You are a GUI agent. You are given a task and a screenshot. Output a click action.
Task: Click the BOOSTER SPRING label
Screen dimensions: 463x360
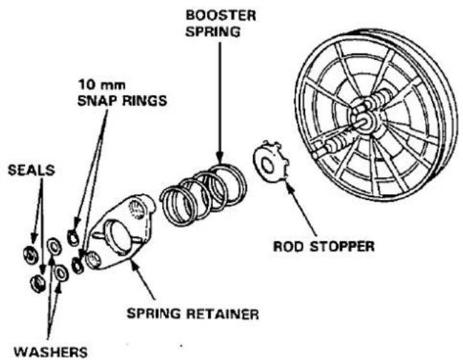[x=221, y=24]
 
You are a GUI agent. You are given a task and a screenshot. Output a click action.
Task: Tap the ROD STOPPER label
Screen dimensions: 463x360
[x=324, y=246]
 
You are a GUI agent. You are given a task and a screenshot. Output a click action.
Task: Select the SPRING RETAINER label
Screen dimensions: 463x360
[x=193, y=314]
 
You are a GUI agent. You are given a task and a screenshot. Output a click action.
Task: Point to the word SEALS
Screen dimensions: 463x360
[x=31, y=170]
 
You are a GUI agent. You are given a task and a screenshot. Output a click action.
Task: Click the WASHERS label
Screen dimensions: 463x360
[x=51, y=352]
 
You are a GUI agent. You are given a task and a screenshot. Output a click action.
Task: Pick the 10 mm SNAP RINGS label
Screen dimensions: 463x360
[x=122, y=93]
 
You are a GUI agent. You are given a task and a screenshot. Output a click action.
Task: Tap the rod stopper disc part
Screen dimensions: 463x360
[x=270, y=162]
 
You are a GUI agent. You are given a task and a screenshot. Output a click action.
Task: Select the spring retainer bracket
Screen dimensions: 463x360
[x=123, y=231]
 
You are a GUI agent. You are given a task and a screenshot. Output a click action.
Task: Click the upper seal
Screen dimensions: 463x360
[x=31, y=255]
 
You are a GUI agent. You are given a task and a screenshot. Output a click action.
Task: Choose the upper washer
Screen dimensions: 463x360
[x=54, y=246]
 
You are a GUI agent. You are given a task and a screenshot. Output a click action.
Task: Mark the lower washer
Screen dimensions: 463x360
[x=61, y=273]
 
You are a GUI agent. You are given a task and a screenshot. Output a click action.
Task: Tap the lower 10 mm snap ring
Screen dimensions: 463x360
[x=78, y=266]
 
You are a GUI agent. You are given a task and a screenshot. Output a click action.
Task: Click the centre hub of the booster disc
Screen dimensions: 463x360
[x=364, y=119]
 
